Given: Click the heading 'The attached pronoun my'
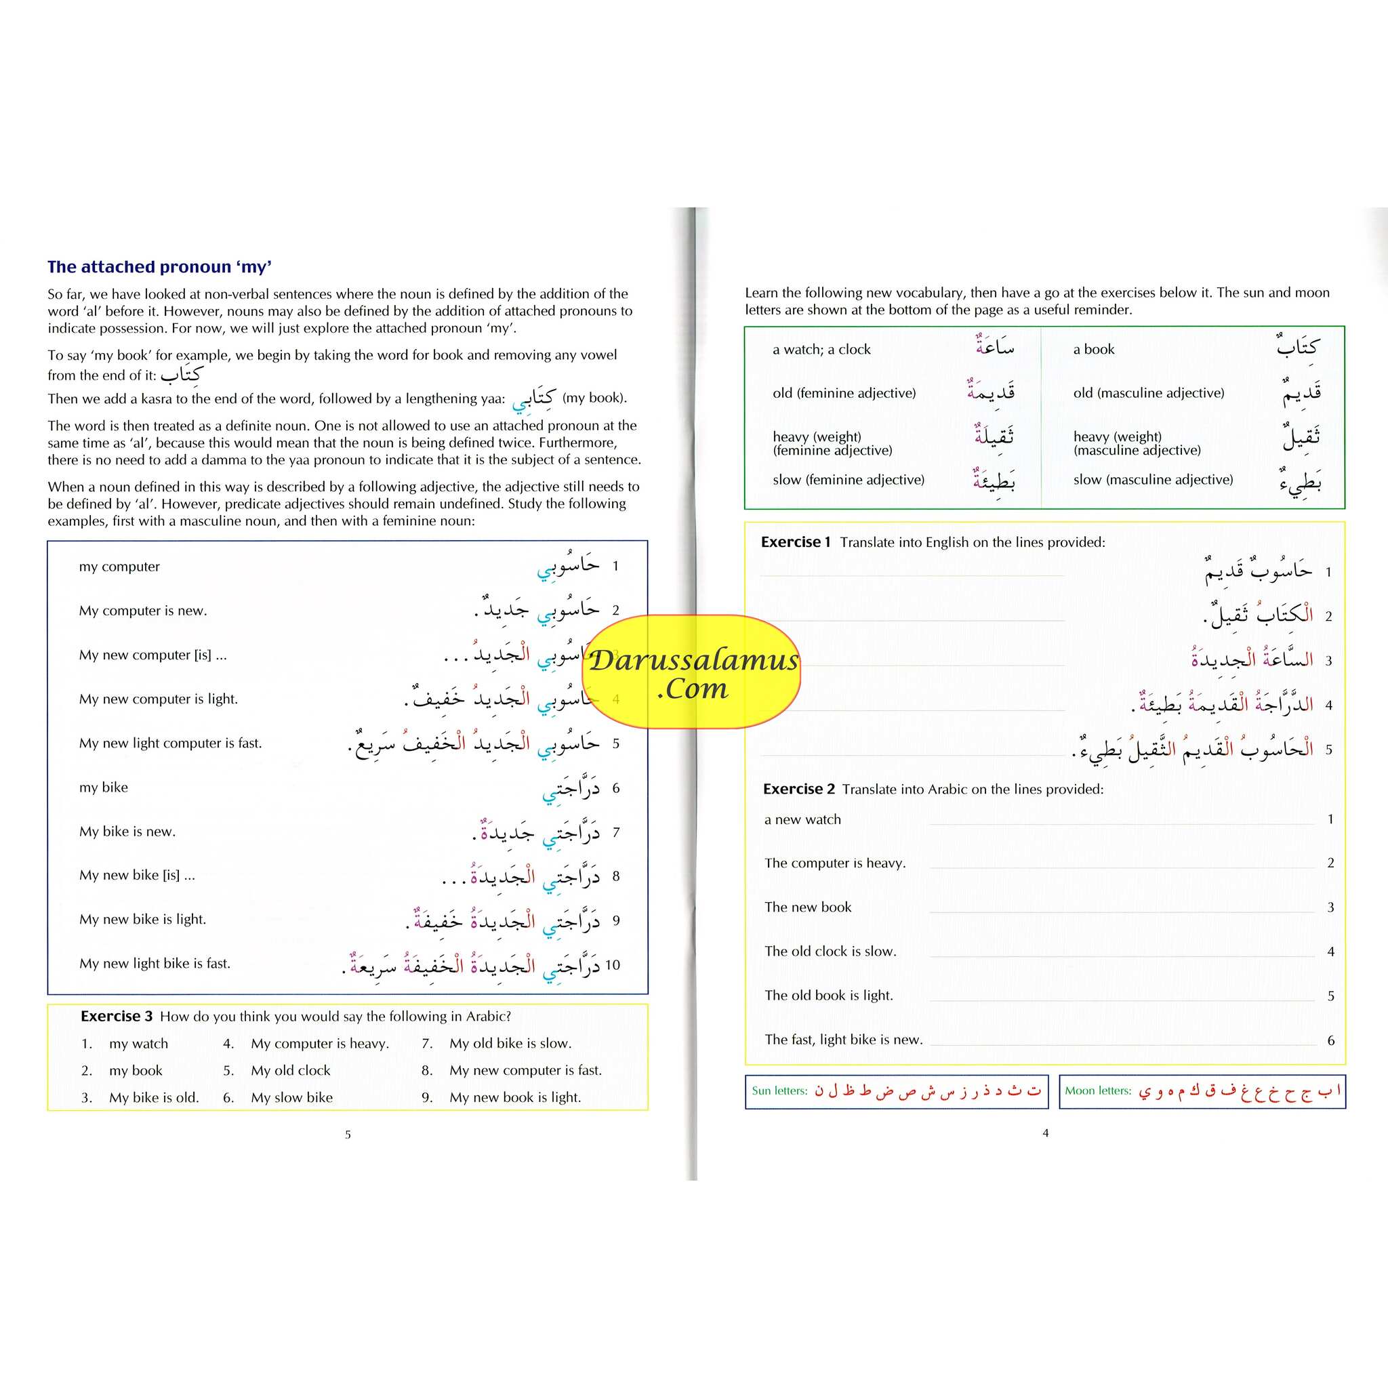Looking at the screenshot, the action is [159, 267].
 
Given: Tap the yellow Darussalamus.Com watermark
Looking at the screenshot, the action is [694, 672].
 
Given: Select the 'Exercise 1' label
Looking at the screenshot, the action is [795, 542].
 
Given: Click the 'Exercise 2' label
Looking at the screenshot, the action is [798, 789].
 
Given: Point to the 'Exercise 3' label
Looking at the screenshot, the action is [117, 1016].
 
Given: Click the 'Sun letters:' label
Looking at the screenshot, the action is [779, 1090].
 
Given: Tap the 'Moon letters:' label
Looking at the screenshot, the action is [1098, 1090].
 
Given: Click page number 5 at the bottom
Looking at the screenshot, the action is [348, 1135].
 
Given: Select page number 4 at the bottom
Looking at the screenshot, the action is [1045, 1133].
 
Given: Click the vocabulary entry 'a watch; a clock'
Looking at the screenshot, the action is [821, 350].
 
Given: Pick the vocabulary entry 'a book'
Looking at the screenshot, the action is [1093, 350].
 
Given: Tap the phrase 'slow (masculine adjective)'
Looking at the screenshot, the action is [1152, 480].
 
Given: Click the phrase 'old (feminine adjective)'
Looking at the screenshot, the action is [844, 393].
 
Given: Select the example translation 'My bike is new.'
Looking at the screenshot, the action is [127, 831].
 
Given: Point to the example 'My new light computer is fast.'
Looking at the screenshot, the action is [170, 743].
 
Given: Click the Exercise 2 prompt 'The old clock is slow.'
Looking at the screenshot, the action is [830, 951].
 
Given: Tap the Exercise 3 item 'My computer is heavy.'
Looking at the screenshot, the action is [320, 1043].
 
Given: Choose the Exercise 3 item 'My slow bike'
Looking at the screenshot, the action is [291, 1097].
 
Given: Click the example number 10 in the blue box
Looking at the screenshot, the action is [612, 965].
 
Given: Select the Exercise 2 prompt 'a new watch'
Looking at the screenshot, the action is [802, 819].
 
